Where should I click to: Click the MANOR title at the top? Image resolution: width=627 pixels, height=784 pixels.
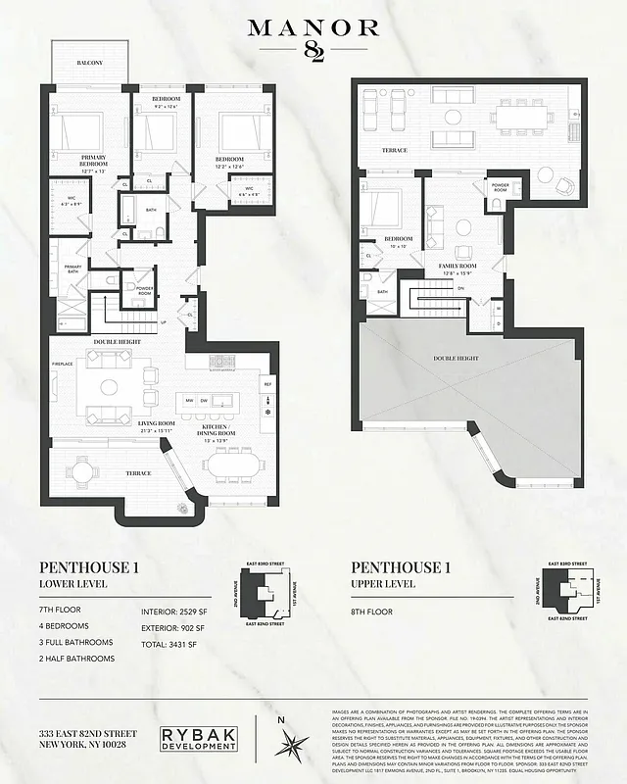coord(313,27)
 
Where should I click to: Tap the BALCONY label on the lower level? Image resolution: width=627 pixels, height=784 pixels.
coord(89,63)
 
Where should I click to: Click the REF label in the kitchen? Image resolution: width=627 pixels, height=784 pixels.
coord(266,385)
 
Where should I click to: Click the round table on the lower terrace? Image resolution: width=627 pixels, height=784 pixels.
coord(83,471)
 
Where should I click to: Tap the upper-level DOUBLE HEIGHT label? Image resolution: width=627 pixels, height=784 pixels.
coord(458,359)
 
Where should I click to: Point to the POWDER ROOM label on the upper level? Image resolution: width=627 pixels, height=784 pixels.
coord(500,185)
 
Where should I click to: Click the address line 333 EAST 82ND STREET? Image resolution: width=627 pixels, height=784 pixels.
coord(87,734)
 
